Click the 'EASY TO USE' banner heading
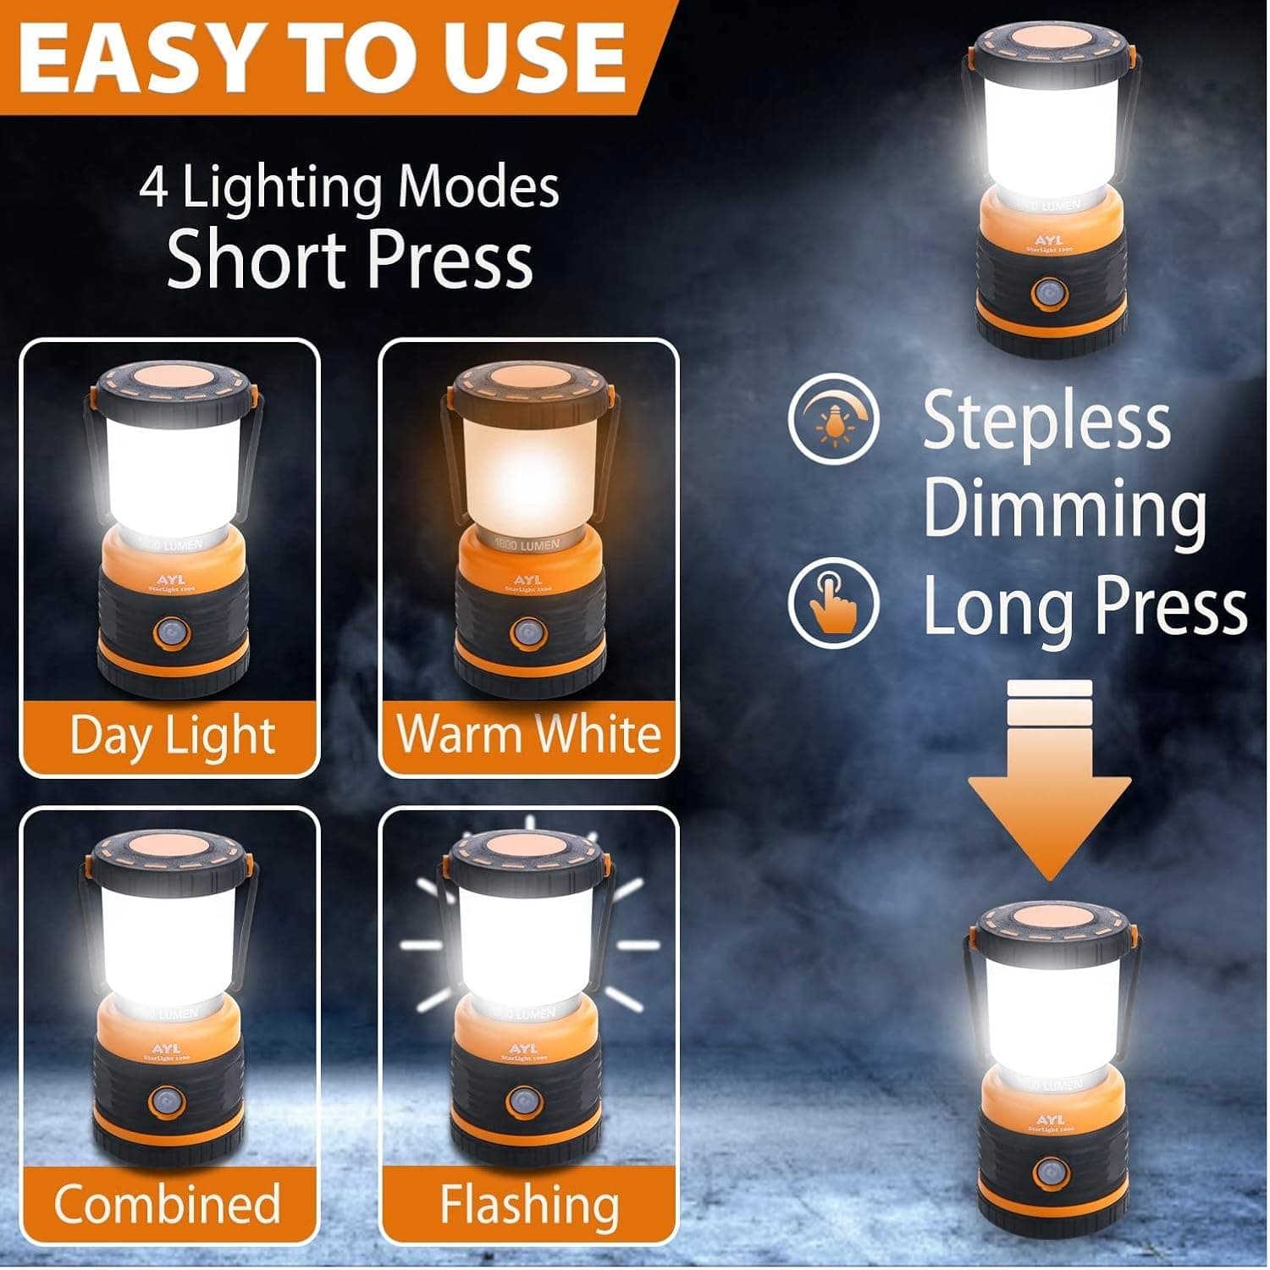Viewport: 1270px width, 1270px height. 322,58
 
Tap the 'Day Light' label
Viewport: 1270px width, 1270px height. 172,735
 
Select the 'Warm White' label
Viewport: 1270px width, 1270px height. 529,733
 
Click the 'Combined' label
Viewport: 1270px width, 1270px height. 168,1203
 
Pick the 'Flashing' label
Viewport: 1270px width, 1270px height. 529,1203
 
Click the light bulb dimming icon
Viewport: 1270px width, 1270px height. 834,418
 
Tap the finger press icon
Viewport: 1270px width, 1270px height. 834,603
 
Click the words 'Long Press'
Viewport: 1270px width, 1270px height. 1085,605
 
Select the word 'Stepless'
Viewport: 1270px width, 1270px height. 1046,421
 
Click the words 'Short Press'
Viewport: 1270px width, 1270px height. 350,259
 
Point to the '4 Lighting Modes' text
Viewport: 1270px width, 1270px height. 350,187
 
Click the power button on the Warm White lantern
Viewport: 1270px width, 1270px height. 527,632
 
